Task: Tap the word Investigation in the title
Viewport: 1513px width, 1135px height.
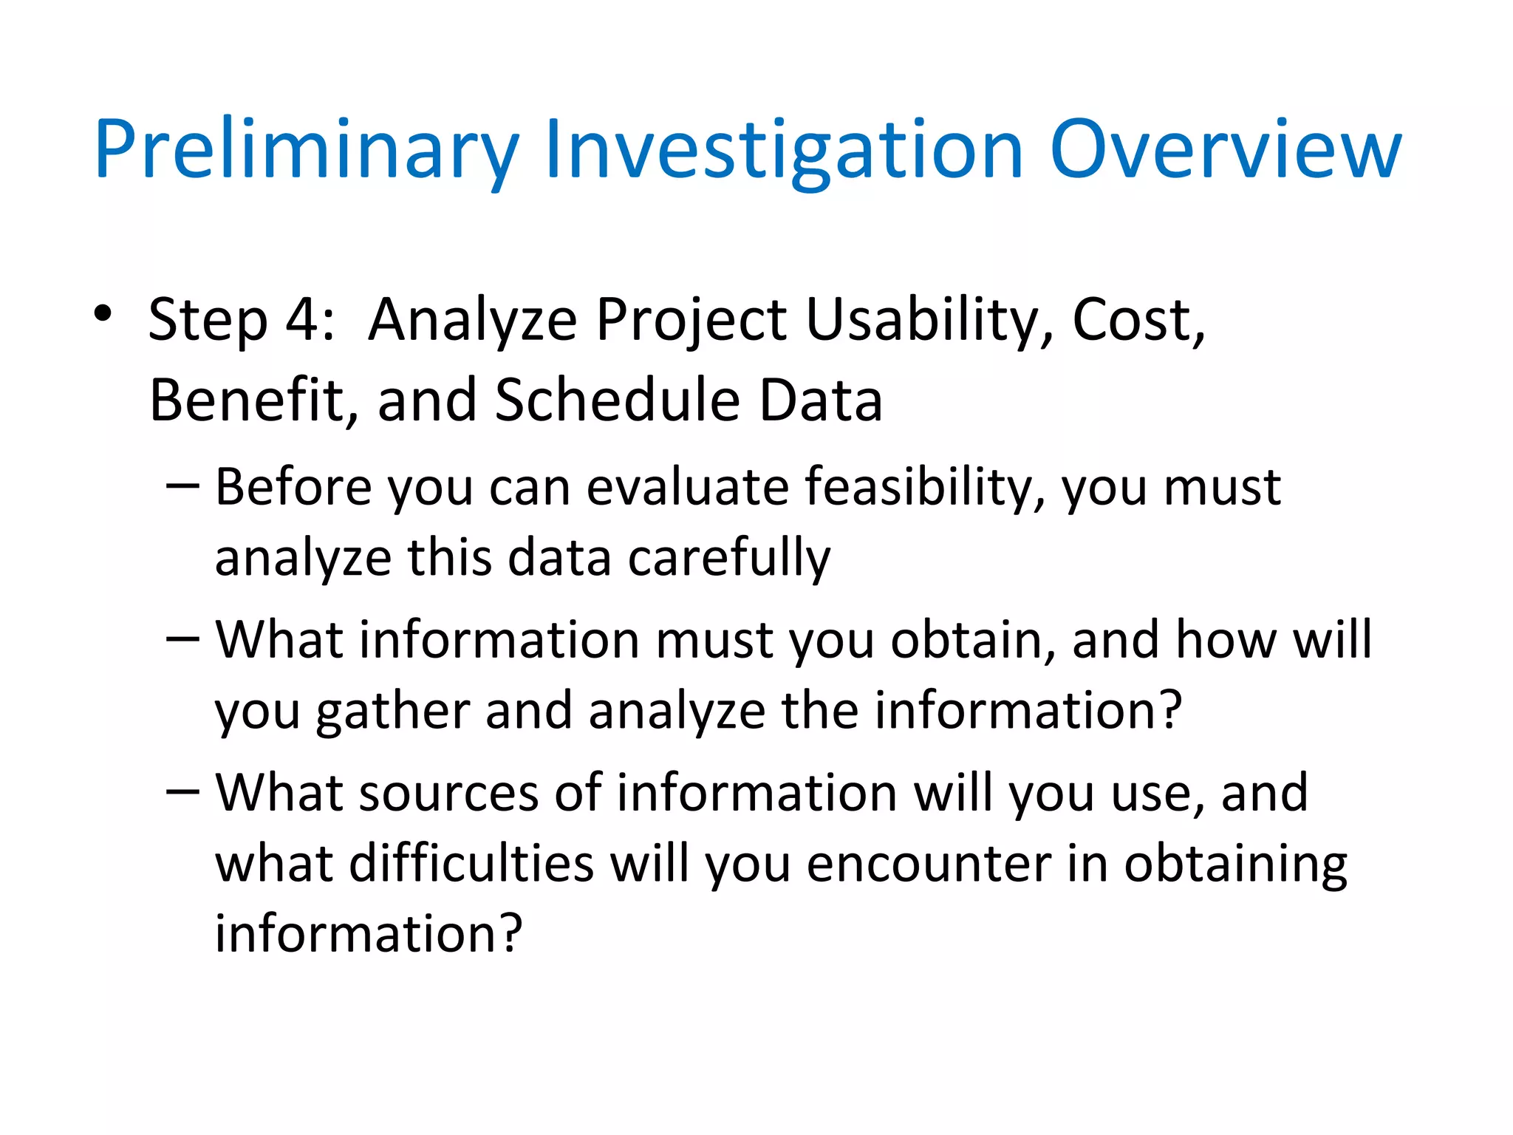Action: [783, 151]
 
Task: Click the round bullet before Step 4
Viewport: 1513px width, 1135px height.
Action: [103, 314]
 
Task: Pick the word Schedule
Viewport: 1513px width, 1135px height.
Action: [617, 400]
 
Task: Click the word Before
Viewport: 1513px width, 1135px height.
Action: [293, 487]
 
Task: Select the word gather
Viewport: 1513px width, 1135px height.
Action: [392, 712]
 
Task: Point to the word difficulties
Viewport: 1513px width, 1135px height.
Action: [471, 864]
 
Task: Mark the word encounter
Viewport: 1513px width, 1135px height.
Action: [928, 864]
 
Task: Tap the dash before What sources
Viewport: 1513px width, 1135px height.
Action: [182, 791]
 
